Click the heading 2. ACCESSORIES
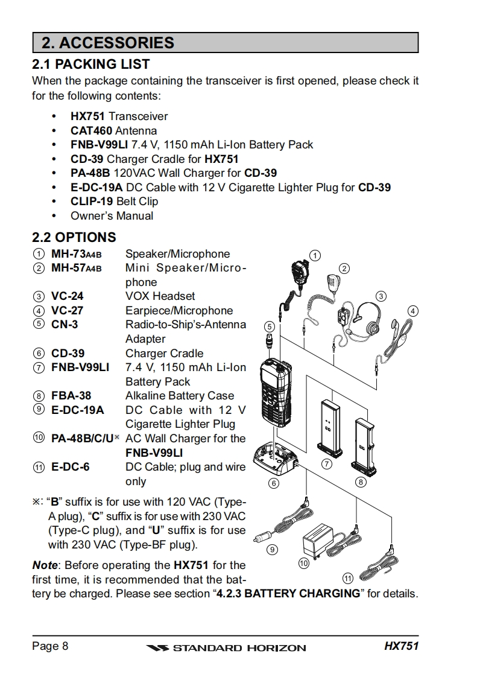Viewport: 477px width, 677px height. click(x=108, y=43)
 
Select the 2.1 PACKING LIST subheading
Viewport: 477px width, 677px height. click(x=90, y=64)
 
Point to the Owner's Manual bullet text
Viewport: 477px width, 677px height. click(x=112, y=216)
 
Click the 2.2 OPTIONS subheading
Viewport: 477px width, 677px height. click(x=74, y=237)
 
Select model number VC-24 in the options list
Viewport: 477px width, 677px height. click(x=67, y=296)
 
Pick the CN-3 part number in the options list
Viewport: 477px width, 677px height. click(x=64, y=325)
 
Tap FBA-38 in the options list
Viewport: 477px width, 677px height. click(x=71, y=396)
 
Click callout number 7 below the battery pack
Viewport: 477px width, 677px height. click(x=327, y=464)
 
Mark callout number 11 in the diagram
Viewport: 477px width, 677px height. click(x=348, y=579)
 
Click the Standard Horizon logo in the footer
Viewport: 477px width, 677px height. click(x=226, y=648)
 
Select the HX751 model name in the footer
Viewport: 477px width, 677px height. click(x=401, y=647)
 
